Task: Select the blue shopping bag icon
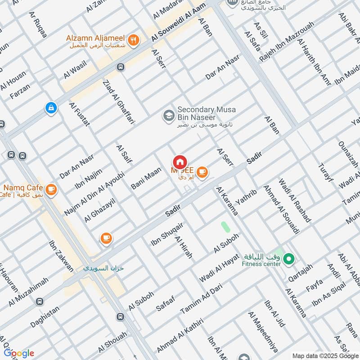coord(51,108)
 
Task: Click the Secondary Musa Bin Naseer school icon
coord(169,115)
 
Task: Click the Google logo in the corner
coord(18,353)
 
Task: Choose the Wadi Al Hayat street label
coord(219,267)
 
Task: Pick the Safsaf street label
coord(165,301)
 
